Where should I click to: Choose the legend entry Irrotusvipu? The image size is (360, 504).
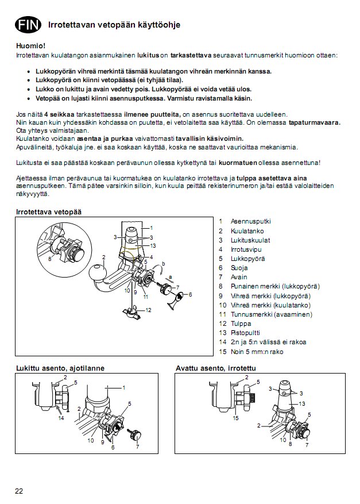(x=246, y=249)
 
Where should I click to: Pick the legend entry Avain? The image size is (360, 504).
(x=239, y=277)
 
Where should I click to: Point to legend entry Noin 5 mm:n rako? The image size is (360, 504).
(x=257, y=352)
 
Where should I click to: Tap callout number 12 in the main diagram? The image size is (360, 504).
(x=149, y=310)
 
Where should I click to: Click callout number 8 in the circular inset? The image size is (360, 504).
(x=50, y=259)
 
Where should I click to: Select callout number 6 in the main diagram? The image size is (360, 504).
(x=190, y=294)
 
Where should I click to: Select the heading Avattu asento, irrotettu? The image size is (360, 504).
(x=215, y=368)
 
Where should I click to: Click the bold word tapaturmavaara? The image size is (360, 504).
(x=314, y=122)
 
